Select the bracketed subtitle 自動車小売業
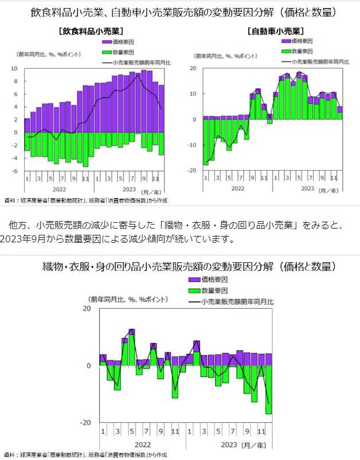pos(276,30)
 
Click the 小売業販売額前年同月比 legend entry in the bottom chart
pos(237,300)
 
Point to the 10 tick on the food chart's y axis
pos(15,68)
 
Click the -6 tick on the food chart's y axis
pos(15,171)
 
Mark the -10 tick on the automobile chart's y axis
pos(193,145)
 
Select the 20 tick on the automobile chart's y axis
pos(193,68)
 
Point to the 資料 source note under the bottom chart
pos(86,454)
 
